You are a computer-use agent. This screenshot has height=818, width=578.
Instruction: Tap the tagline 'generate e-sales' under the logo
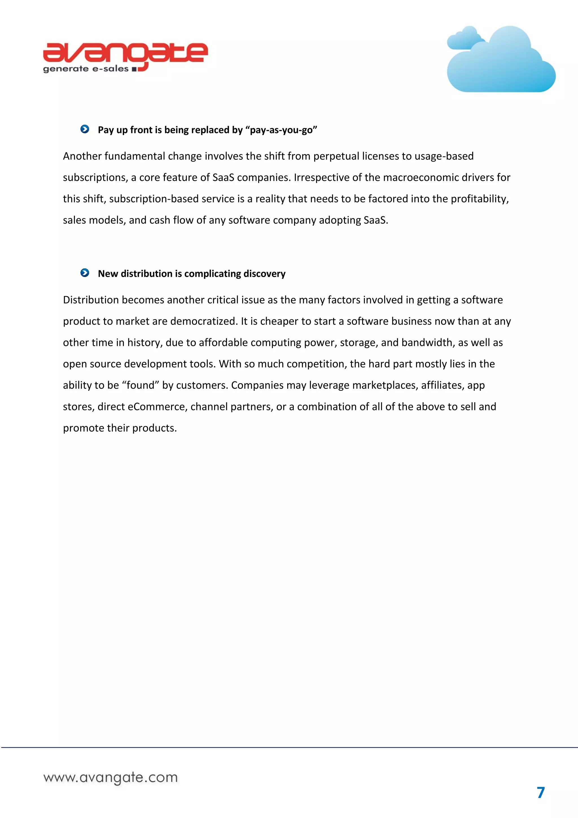click(x=86, y=69)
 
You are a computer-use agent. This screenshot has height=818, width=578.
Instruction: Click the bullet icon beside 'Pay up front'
click(x=85, y=129)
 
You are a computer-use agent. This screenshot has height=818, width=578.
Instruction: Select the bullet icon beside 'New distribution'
click(x=85, y=273)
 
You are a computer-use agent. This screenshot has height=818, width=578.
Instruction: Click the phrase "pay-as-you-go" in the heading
click(x=281, y=130)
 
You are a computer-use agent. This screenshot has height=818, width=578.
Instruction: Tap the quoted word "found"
click(x=141, y=385)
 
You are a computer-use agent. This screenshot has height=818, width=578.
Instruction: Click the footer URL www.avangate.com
click(x=111, y=777)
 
